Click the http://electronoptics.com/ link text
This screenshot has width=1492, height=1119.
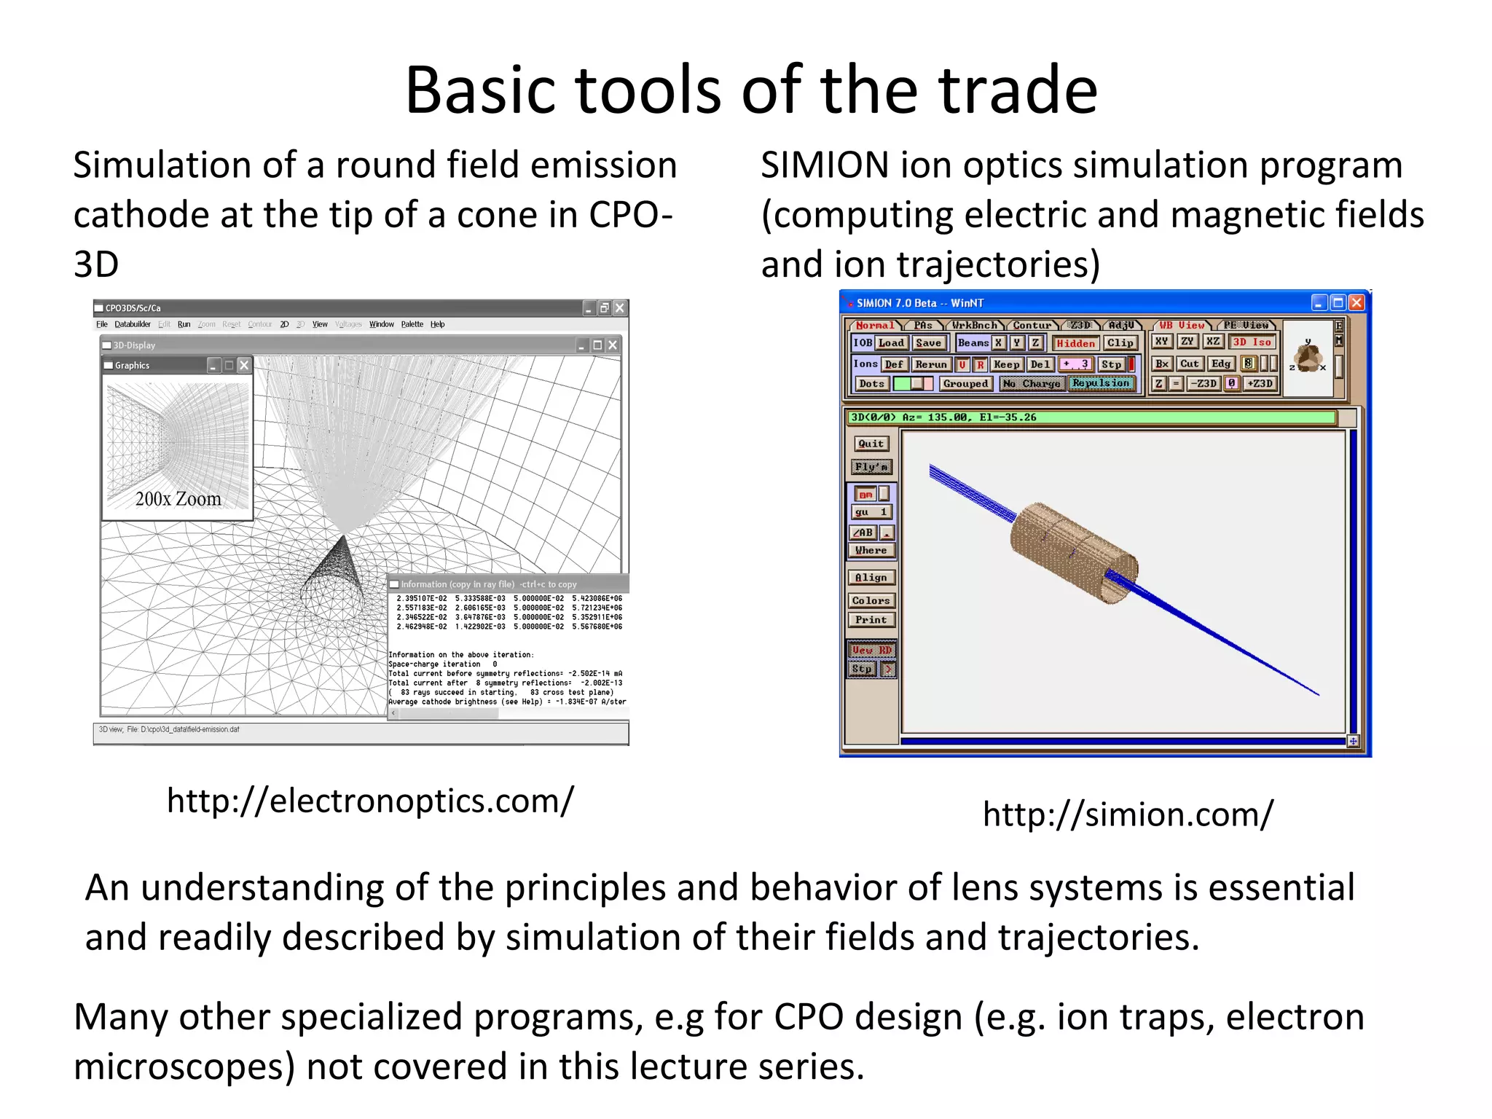pos(370,801)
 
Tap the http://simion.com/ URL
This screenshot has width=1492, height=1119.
pos(1128,814)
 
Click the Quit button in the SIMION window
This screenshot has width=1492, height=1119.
pos(871,444)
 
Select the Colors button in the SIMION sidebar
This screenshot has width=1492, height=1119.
pos(871,601)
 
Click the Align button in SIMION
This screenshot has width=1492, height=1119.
pos(871,578)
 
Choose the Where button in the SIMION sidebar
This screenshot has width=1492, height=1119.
pos(871,551)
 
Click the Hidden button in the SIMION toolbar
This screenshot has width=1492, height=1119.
pos(1075,343)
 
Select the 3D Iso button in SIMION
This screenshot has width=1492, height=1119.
pos(1252,342)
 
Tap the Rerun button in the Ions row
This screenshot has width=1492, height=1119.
pos(930,364)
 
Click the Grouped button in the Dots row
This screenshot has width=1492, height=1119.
pos(965,384)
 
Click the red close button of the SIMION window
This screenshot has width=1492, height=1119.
pos(1356,302)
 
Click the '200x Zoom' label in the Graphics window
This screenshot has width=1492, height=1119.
pos(178,499)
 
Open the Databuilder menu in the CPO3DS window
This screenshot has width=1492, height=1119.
pos(132,324)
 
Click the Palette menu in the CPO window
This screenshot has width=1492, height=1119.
pos(412,324)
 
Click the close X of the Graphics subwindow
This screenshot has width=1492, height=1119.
pos(245,366)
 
